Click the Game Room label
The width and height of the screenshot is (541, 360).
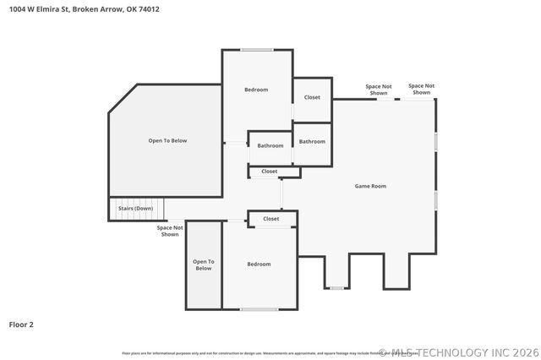369,186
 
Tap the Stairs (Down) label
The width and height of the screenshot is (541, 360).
135,208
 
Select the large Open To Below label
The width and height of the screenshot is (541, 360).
167,141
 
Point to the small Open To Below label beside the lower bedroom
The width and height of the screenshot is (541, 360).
203,265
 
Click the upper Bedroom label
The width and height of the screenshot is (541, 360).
256,90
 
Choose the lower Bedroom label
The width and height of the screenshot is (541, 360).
259,265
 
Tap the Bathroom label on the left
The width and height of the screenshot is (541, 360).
270,145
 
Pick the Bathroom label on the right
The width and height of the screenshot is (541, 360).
312,141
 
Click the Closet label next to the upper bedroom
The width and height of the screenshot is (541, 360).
312,97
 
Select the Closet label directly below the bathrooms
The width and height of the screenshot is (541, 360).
270,172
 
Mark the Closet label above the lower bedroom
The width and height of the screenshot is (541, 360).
270,219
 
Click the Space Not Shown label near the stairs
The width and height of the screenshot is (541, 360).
170,231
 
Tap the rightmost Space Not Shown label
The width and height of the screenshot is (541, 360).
421,89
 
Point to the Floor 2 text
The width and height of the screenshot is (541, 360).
21,324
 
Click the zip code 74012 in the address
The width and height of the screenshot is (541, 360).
149,9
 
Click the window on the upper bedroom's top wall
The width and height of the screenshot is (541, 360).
256,50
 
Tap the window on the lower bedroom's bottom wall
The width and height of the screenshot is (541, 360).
259,309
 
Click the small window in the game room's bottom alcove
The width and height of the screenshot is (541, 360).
336,288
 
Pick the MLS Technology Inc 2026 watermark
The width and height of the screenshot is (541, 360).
457,352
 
